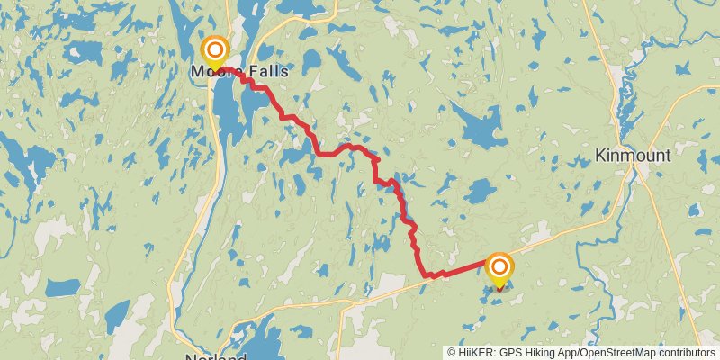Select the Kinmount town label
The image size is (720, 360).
633,156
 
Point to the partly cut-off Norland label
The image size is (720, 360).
216,357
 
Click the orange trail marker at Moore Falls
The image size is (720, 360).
216,49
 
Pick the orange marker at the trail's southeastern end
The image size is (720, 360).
499,267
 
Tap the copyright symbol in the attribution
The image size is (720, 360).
452,353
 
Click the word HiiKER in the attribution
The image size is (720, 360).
475,353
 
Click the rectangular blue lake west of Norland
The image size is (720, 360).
63,288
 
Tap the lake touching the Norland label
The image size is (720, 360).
243,346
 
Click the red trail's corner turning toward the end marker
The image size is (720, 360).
425,274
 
